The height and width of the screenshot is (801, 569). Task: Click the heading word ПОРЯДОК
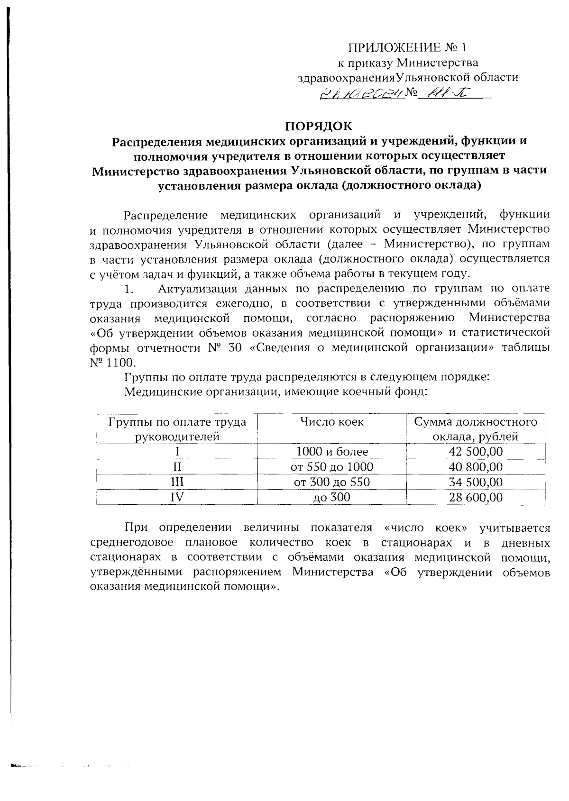click(319, 126)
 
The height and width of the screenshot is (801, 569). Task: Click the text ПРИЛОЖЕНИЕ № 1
click(408, 47)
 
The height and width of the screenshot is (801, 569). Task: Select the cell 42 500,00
click(476, 451)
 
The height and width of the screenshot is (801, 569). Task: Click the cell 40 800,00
click(476, 467)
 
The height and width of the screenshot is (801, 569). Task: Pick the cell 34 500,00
click(476, 482)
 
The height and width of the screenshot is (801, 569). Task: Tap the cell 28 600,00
click(476, 497)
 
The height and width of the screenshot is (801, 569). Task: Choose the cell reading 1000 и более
click(332, 451)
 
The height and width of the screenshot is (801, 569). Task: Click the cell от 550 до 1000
click(332, 467)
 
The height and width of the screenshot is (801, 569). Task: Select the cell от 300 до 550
click(332, 482)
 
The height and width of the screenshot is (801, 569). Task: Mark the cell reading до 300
click(332, 497)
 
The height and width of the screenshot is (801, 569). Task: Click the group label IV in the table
click(177, 497)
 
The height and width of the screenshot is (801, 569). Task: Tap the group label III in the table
click(177, 482)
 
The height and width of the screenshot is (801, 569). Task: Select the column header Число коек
click(332, 421)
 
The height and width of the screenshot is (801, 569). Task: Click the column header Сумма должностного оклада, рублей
click(476, 428)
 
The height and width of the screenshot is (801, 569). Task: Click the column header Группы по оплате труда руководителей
click(177, 428)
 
